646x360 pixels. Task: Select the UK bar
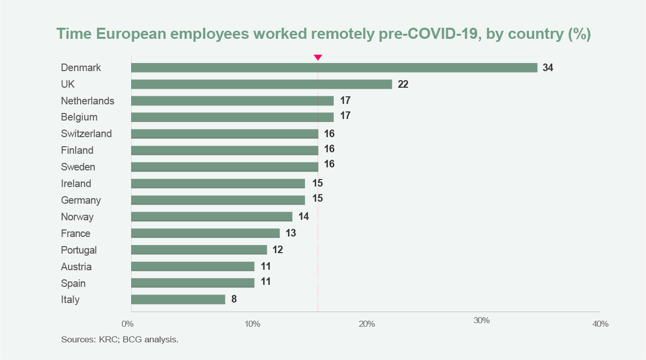pyautogui.click(x=261, y=84)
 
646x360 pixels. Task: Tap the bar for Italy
pyautogui.click(x=178, y=299)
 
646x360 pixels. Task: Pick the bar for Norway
pyautogui.click(x=211, y=217)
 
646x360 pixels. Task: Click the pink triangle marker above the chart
pyautogui.click(x=318, y=57)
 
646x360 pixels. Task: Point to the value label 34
pyautogui.click(x=548, y=68)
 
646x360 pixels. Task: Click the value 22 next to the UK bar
pyautogui.click(x=403, y=84)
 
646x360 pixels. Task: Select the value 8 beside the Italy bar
pyautogui.click(x=234, y=299)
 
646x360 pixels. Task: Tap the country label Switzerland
pyautogui.click(x=86, y=134)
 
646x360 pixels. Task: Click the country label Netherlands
pyautogui.click(x=87, y=101)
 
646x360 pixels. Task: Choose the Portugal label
pyautogui.click(x=79, y=250)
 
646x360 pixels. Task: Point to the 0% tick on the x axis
pyautogui.click(x=128, y=323)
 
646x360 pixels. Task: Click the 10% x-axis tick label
pyautogui.click(x=252, y=323)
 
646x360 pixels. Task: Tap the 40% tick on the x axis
pyautogui.click(x=600, y=324)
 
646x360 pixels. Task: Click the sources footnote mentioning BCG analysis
pyautogui.click(x=120, y=339)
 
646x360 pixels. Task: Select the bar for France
pyautogui.click(x=205, y=233)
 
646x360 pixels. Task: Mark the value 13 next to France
pyautogui.click(x=290, y=233)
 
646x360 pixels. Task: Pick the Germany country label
pyautogui.click(x=81, y=200)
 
